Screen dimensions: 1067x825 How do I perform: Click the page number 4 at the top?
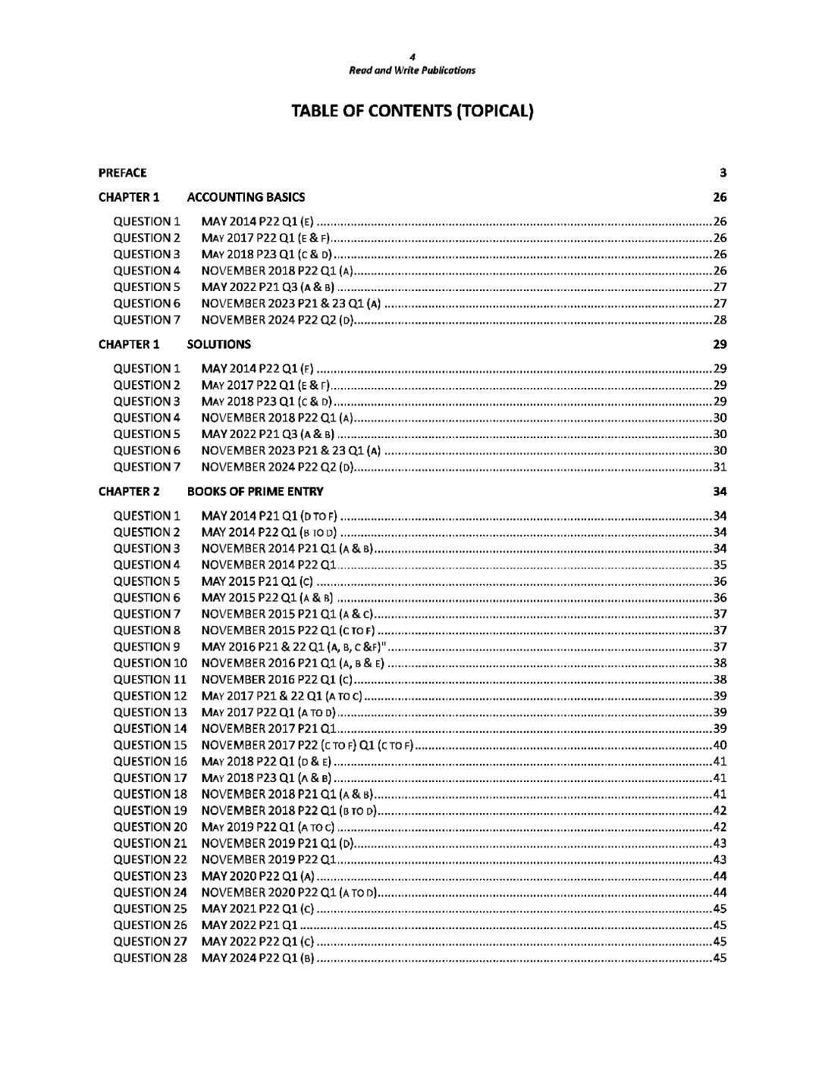coord(412,57)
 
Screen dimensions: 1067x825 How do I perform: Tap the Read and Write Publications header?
coord(412,70)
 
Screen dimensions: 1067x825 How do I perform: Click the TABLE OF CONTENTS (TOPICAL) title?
coord(412,111)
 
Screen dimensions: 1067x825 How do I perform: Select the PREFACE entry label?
coord(122,173)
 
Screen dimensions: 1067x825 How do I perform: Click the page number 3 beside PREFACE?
coord(723,173)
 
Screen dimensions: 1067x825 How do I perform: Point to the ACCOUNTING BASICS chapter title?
coord(246,197)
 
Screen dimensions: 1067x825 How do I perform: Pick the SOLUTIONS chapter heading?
coord(218,344)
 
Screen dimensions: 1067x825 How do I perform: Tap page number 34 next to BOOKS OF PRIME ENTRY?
coord(720,491)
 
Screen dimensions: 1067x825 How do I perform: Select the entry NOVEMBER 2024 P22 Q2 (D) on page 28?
coord(277,320)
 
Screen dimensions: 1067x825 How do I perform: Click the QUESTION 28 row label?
coord(149,958)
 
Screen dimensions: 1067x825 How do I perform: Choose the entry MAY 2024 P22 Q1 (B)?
coord(257,958)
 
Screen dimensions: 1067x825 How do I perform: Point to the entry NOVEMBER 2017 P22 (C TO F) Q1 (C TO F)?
coord(306,745)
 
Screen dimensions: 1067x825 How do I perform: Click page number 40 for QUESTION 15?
coord(720,745)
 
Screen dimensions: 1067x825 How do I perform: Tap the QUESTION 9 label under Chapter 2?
coord(146,646)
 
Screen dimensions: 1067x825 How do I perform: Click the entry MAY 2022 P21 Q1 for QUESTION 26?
coord(249,925)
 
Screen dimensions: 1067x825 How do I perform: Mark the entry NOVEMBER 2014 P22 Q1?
coord(268,565)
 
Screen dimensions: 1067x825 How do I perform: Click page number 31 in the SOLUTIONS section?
coord(720,467)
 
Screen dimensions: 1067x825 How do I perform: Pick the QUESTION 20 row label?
coord(149,827)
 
